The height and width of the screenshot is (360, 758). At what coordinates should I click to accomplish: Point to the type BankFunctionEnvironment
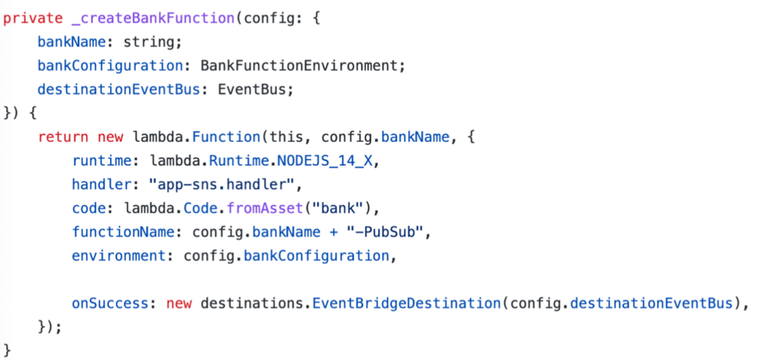tap(302, 65)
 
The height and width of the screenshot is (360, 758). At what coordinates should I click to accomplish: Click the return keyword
tap(63, 137)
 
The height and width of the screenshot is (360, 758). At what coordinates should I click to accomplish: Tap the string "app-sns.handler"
tap(223, 185)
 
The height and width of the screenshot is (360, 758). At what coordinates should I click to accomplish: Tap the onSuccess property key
tap(109, 303)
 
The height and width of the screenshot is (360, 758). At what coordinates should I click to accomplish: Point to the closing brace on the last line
tap(8, 350)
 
